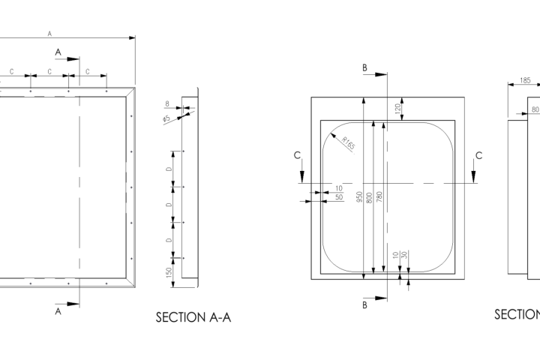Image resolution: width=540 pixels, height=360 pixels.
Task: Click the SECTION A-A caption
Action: pos(193,317)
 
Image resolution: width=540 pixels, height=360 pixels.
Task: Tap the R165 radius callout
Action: pos(346,142)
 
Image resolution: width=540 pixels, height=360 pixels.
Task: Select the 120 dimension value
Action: pos(398,108)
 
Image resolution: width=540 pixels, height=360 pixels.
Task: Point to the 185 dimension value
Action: pos(524,79)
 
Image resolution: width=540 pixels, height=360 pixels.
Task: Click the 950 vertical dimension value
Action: pos(359,197)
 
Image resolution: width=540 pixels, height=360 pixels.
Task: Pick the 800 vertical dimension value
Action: pos(369,197)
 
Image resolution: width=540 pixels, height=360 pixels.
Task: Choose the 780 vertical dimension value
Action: pos(379,197)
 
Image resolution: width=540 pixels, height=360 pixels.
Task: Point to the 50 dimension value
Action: pos(339,196)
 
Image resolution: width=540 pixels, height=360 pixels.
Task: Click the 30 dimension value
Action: pos(404,255)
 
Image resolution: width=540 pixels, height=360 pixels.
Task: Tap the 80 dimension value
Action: pos(535,109)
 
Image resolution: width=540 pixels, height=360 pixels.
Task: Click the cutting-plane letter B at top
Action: pos(364,68)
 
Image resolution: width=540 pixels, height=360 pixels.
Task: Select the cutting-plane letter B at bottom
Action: pos(364,305)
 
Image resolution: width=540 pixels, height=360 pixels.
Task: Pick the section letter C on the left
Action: pos(298,155)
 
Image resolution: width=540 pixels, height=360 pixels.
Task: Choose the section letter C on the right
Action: pos(478,155)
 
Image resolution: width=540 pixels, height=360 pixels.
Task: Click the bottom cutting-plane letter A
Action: pos(58,311)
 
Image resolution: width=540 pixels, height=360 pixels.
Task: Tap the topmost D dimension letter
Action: pos(169,169)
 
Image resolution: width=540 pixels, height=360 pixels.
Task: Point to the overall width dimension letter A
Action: pos(49,34)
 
